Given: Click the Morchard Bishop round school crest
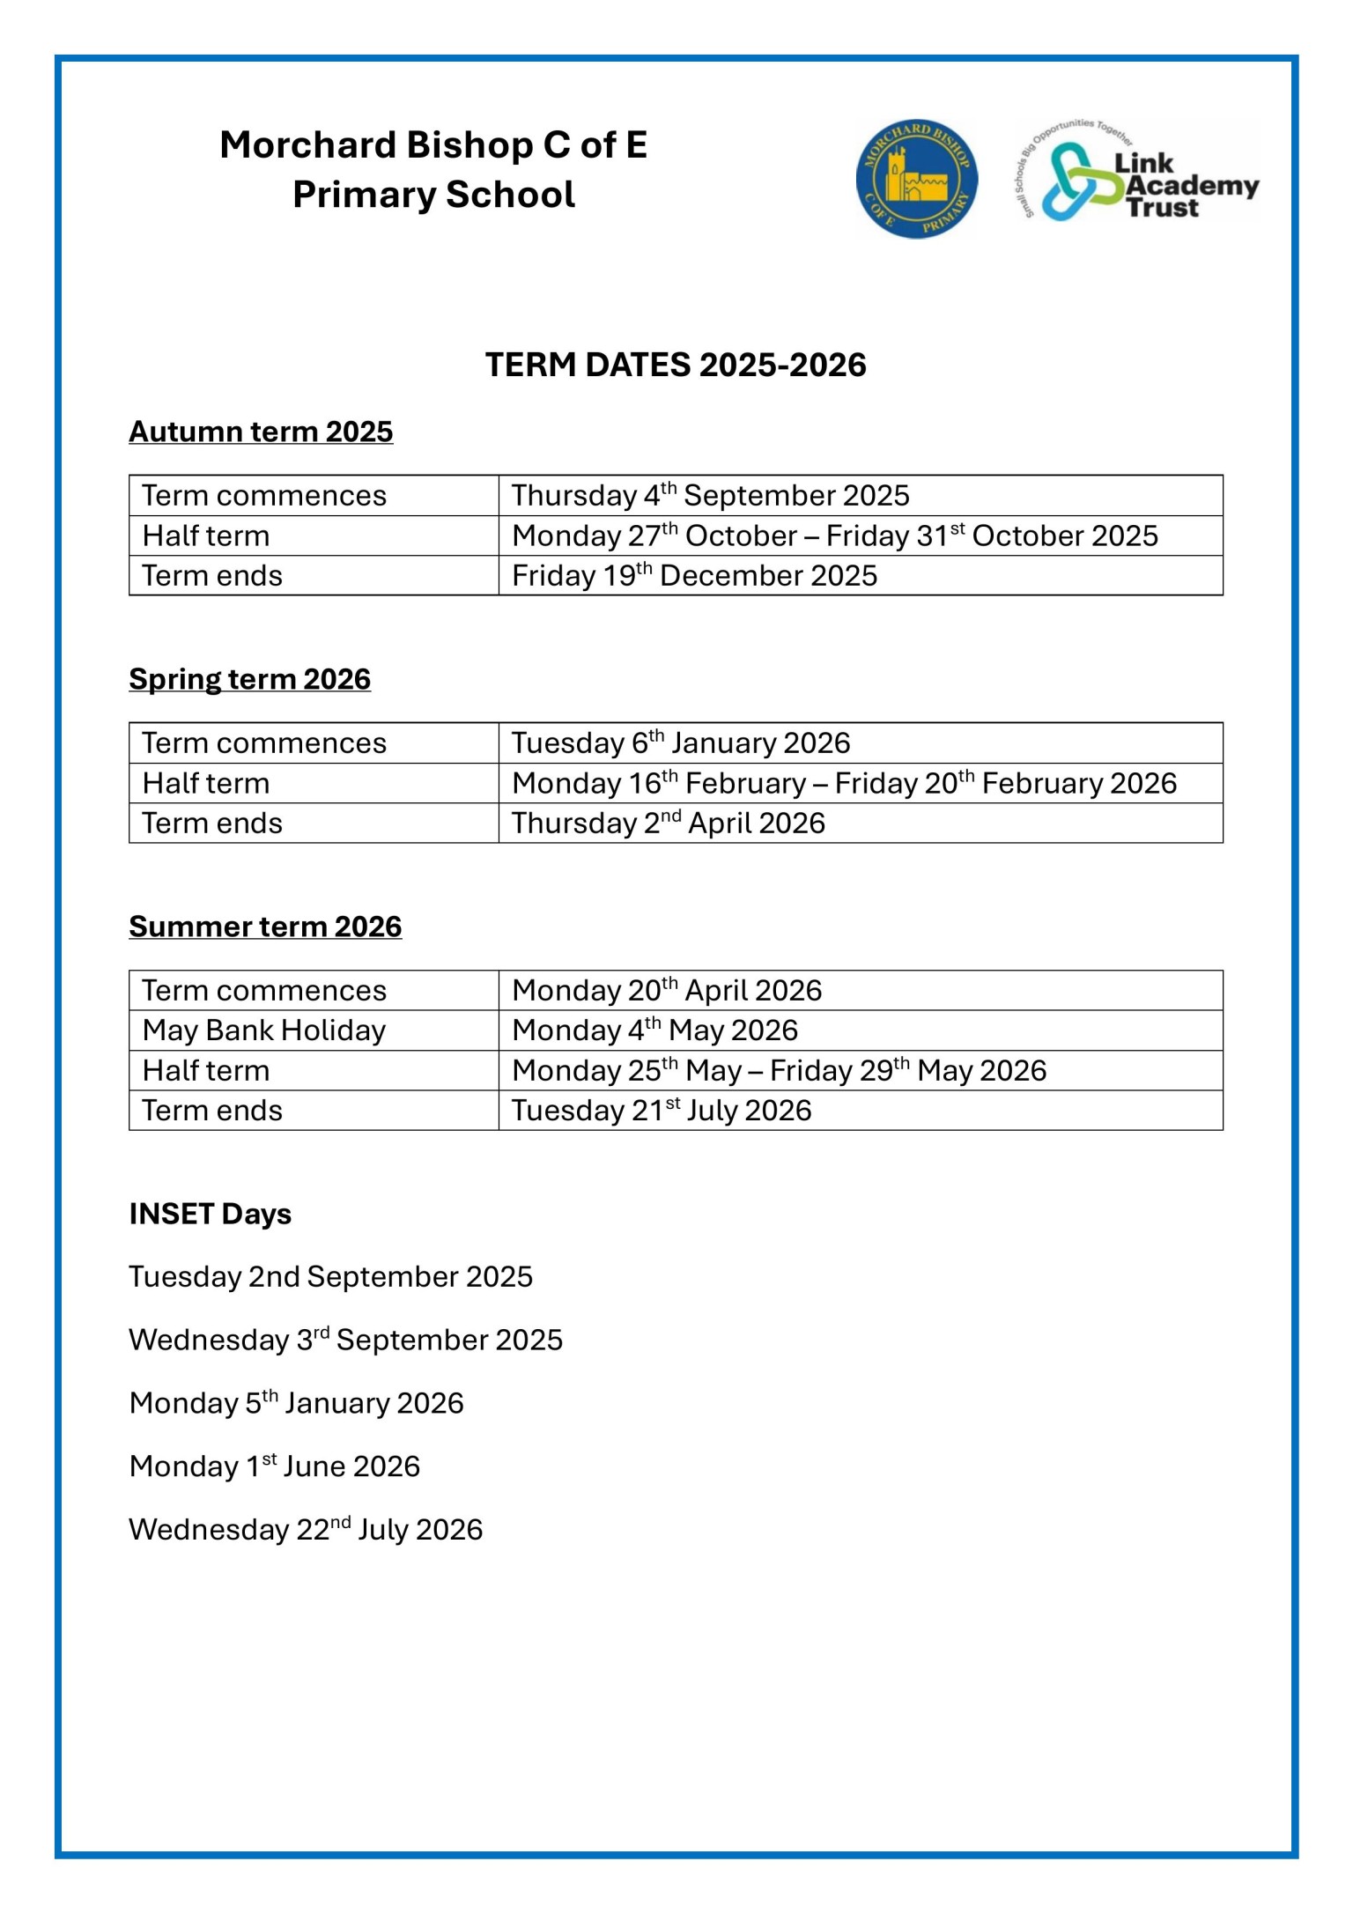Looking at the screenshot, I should pos(916,179).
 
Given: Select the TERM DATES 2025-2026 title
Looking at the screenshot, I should pos(676,365).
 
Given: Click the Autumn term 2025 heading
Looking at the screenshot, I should pos(261,432).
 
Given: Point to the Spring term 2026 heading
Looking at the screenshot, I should pos(249,679).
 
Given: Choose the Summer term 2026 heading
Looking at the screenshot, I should pos(265,927).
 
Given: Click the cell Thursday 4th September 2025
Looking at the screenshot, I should pos(710,496).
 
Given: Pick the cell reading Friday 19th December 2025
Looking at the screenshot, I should pos(694,576).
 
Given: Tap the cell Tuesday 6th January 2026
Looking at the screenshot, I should pos(681,743).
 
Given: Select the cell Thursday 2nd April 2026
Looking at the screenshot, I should pos(669,824).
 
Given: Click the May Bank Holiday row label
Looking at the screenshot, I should pos(264,1030).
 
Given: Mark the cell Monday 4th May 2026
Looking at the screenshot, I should pos(654,1030).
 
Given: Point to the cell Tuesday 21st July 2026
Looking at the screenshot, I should pos(662,1111).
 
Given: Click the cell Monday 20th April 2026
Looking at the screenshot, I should pos(667,991).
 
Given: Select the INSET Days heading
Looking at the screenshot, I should pos(210,1214).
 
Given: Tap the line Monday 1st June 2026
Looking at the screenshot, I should pos(274,1466).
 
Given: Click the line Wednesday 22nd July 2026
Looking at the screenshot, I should pos(306,1530).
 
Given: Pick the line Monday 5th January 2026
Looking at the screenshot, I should pos(296,1403).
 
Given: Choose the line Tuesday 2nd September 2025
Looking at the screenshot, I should pos(330,1277).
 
